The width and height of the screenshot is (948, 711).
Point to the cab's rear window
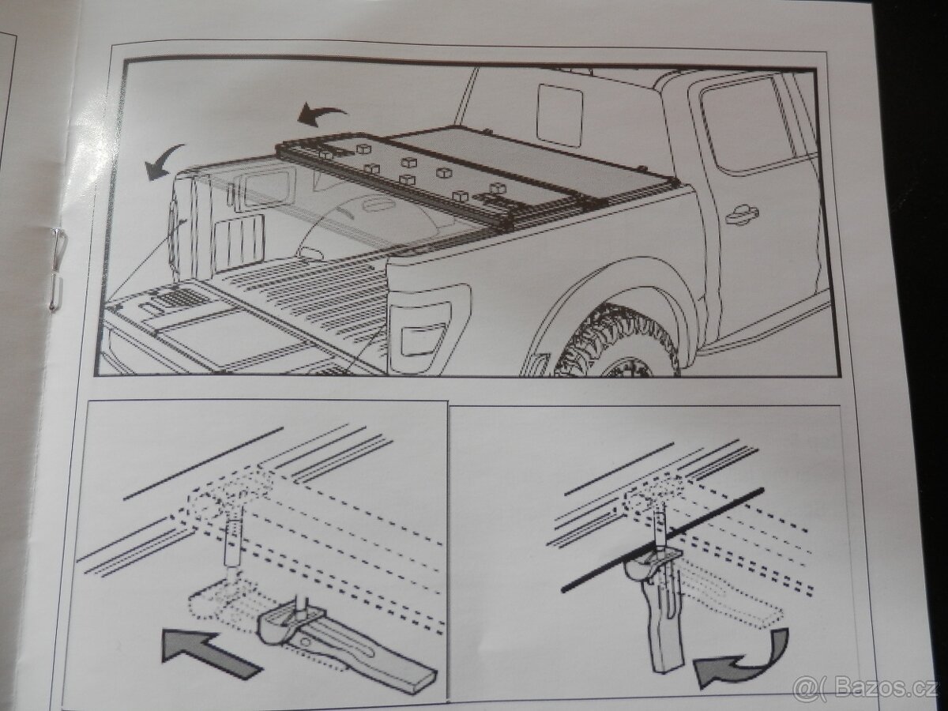[x=559, y=115]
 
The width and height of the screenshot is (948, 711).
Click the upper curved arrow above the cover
[x=322, y=115]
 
